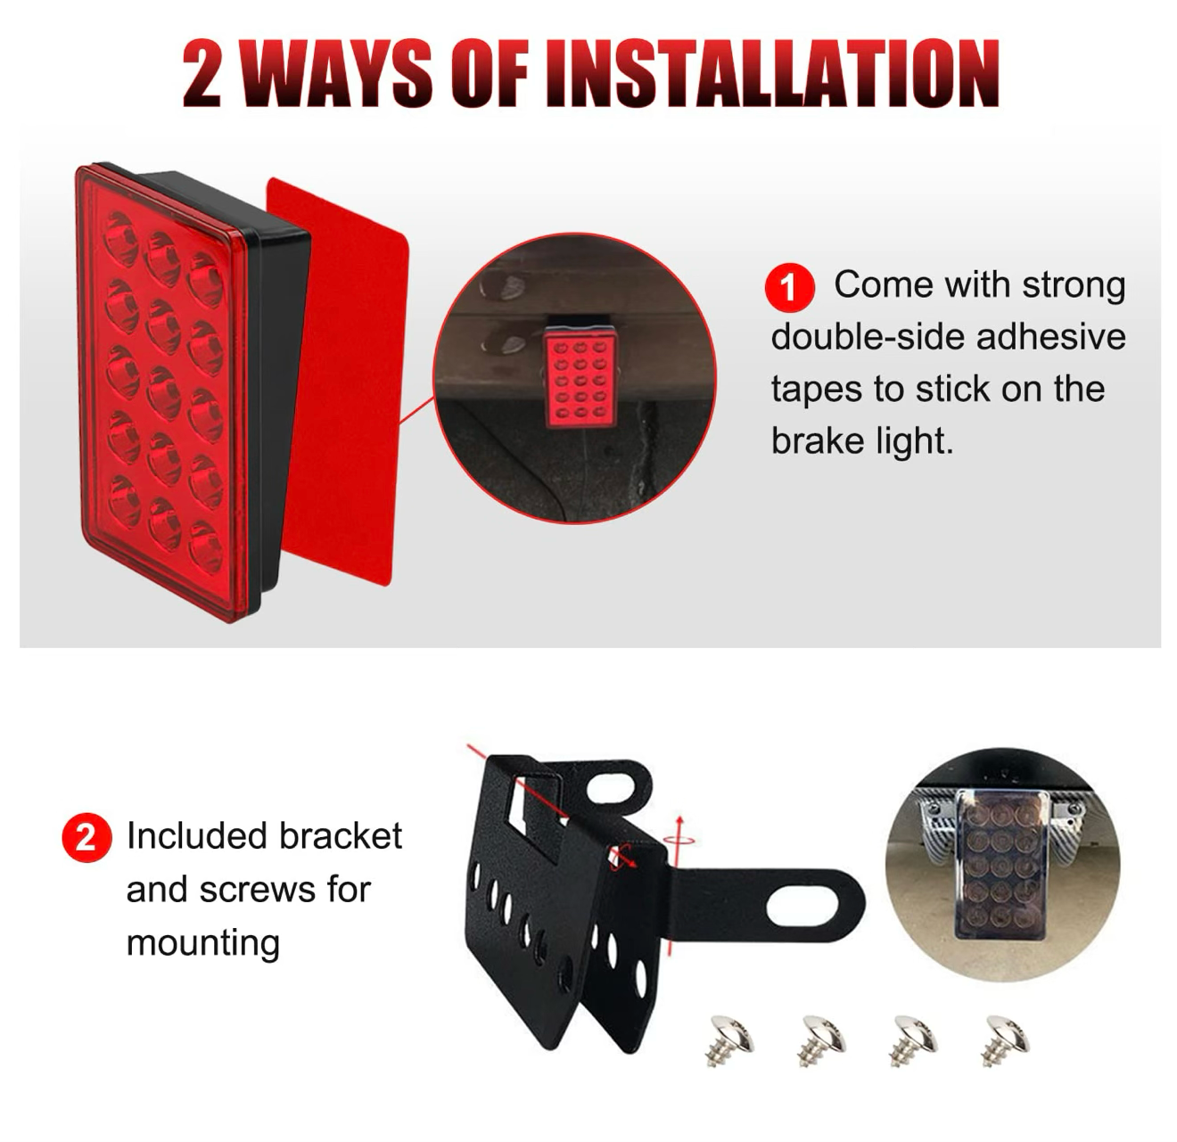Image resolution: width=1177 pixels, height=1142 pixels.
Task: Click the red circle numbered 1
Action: [x=788, y=287]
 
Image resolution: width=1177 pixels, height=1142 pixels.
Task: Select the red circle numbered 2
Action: [x=86, y=838]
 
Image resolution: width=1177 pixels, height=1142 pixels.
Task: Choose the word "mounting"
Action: [x=203, y=943]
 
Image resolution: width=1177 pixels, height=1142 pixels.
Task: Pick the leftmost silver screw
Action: [x=728, y=1039]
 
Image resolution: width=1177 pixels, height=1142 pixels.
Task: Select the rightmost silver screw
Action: [x=1005, y=1039]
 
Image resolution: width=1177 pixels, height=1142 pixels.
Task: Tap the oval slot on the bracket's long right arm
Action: [x=802, y=909]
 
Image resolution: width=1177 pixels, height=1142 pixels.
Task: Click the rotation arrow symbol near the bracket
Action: [x=679, y=838]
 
